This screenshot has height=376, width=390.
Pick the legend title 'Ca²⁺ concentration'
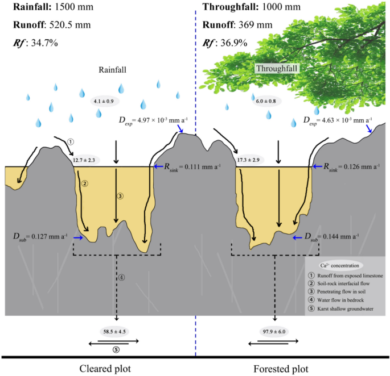342,265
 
